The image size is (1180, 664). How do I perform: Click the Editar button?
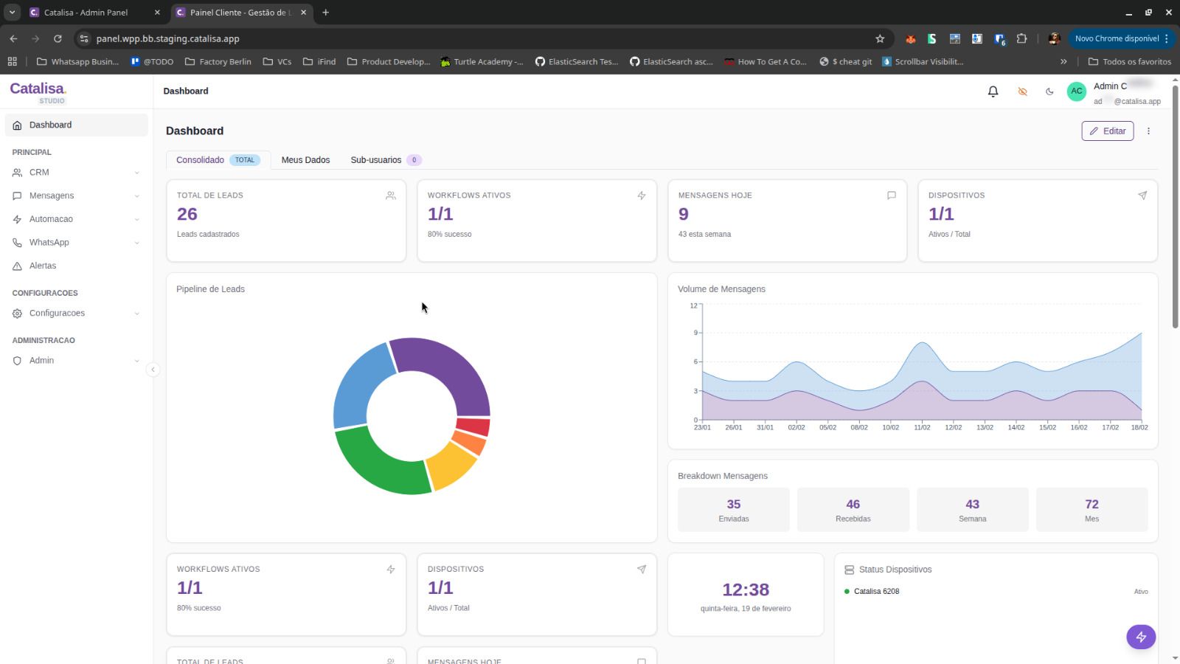coord(1107,131)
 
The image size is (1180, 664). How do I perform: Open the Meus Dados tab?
coord(305,160)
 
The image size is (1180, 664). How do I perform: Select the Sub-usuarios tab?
coord(376,160)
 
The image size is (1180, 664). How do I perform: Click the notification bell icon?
coord(993,91)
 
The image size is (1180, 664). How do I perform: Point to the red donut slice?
coord(473,427)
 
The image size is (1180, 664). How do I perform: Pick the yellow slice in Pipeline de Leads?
coord(451,466)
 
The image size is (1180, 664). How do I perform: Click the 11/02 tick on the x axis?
coord(922,427)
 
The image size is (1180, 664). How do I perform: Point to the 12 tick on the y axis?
coord(693,305)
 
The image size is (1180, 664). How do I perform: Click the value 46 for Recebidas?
coord(853,505)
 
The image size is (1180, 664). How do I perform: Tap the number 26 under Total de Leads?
coord(187,214)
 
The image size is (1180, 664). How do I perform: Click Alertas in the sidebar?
coord(43,266)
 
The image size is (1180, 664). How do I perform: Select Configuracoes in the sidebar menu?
coord(57,314)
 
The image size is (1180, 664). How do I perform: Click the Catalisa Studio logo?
coord(38,92)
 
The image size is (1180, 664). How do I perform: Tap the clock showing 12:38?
coord(745,589)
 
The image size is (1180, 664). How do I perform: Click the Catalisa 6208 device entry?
coord(876,592)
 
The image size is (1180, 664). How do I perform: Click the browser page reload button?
coord(58,38)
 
